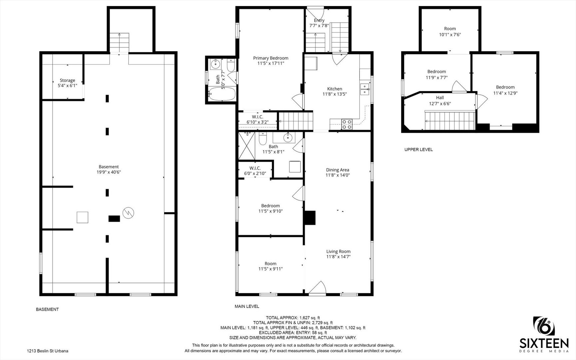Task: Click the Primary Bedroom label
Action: pos(271,58)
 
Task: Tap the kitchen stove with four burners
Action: pos(347,124)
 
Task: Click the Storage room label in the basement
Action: pos(67,80)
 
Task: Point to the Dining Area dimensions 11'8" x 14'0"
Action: pos(337,175)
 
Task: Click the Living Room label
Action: pos(338,251)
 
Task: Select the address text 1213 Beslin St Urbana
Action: pos(48,351)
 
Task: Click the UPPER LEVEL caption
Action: pos(418,150)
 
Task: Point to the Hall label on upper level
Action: pos(440,98)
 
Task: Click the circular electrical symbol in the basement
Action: pos(128,213)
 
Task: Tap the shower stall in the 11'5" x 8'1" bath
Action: pos(247,146)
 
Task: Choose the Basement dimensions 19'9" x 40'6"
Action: pos(109,172)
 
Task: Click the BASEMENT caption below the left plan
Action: pos(47,309)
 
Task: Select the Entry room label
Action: pos(319,20)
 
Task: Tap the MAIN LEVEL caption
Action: pos(247,306)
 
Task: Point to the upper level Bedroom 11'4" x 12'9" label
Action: pos(505,90)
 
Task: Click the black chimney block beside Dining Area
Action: pos(310,218)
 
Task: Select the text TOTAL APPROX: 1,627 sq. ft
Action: pos(293,318)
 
